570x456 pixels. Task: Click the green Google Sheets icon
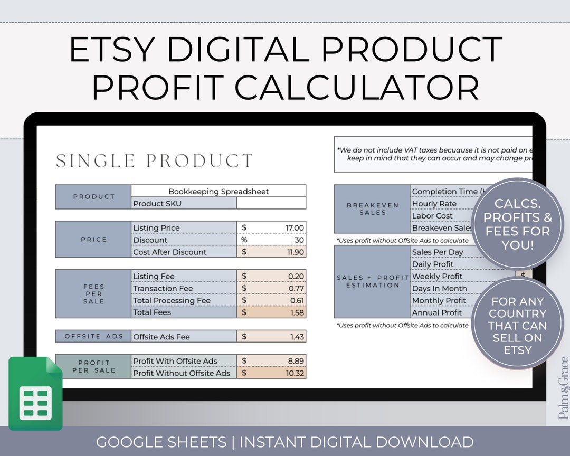[x=35, y=393]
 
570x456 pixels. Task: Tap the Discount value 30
[x=299, y=240]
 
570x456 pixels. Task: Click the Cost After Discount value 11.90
[x=294, y=252]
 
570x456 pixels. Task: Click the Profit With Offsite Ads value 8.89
[x=296, y=361]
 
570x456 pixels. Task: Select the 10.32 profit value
[x=294, y=373]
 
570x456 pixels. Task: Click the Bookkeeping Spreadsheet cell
[x=218, y=192]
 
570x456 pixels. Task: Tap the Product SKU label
[x=157, y=204]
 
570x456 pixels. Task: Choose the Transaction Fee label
[x=163, y=289]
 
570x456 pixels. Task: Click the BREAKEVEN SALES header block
[x=373, y=209]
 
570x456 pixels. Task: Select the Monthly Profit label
[x=439, y=301]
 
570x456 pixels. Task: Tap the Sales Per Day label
[x=438, y=252]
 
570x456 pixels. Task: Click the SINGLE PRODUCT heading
[x=155, y=161]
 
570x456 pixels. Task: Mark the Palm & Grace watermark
[x=563, y=388]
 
